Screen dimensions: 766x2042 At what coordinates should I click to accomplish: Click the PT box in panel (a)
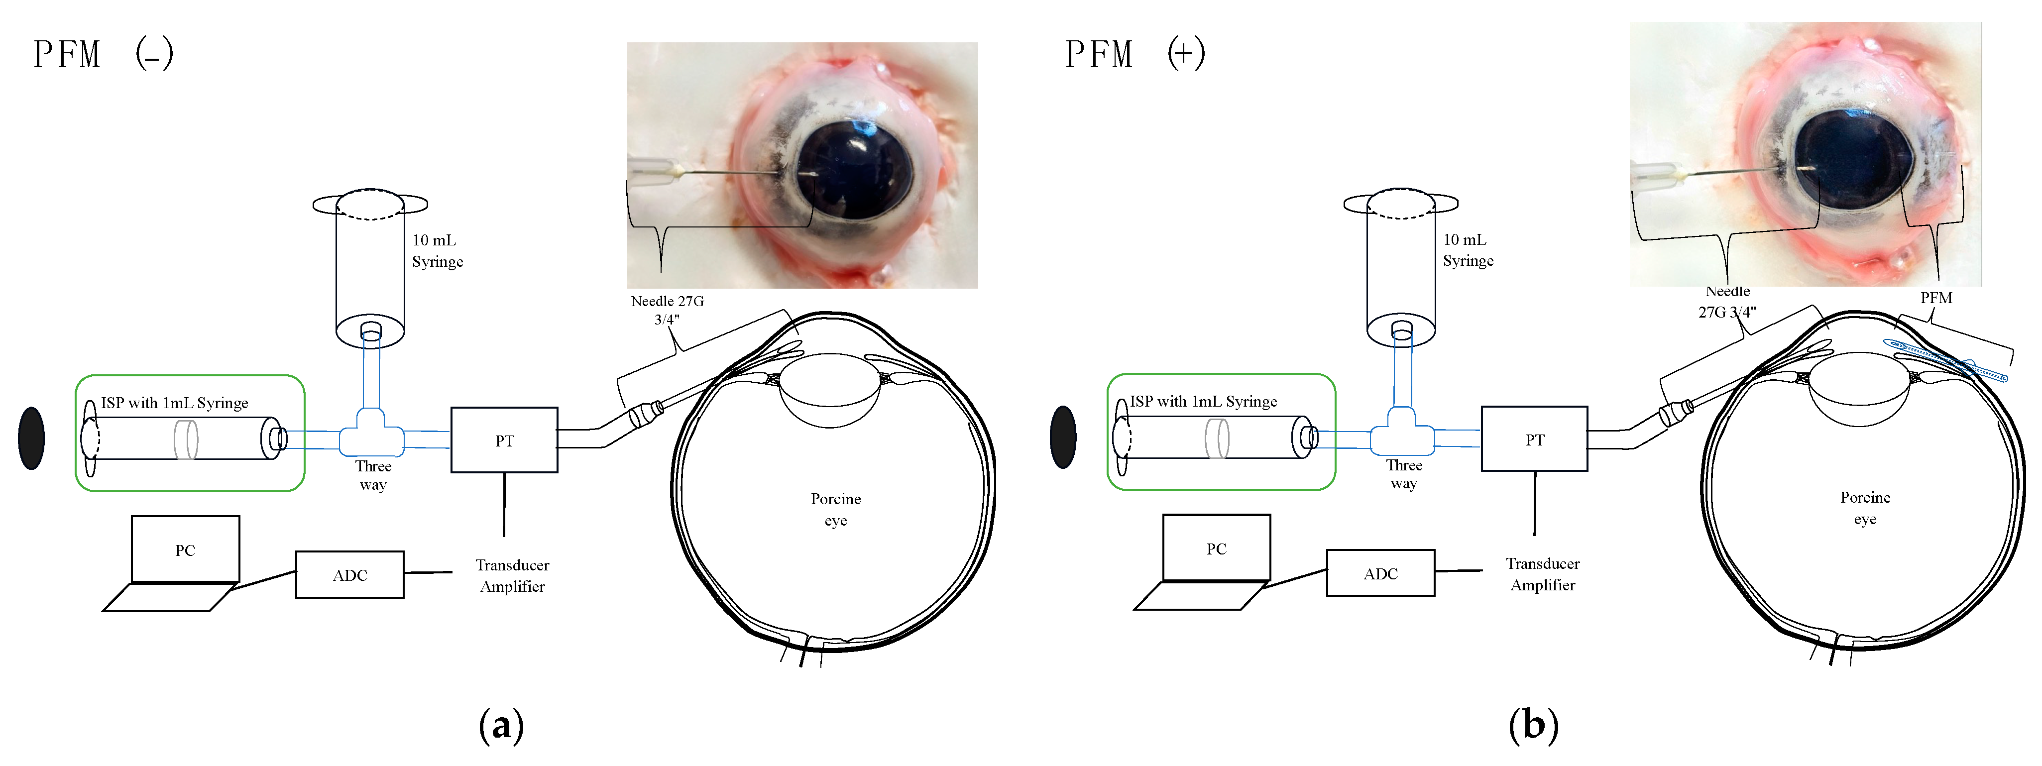(x=504, y=440)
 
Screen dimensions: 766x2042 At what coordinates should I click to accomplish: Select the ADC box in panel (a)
(x=349, y=575)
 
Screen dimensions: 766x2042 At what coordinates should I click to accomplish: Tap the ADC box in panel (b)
(x=1380, y=573)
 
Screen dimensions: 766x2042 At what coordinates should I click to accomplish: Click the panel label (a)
(x=501, y=725)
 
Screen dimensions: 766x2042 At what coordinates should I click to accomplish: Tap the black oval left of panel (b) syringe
(x=1063, y=437)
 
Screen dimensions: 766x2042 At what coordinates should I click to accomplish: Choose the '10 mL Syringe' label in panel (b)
(x=1468, y=250)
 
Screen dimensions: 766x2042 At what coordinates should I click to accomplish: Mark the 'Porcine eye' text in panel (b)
(x=1864, y=508)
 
